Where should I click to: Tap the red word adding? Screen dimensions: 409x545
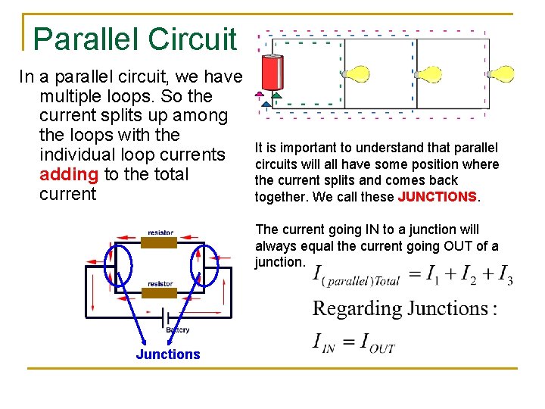(69, 174)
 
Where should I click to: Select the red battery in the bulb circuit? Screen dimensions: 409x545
(271, 73)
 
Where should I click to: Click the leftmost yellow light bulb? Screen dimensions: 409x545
(356, 73)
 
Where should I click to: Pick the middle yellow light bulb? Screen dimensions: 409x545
(428, 74)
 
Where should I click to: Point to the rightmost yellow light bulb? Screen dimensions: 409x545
(501, 74)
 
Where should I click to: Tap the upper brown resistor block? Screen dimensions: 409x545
(160, 242)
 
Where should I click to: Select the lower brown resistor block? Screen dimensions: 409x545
(160, 292)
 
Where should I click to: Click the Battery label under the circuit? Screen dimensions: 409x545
(177, 329)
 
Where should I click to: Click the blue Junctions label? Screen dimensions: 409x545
(168, 354)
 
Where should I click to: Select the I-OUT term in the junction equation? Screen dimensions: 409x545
(376, 343)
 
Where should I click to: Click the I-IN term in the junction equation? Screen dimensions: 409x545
(325, 343)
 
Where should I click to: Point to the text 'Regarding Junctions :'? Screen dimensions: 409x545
(405, 309)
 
